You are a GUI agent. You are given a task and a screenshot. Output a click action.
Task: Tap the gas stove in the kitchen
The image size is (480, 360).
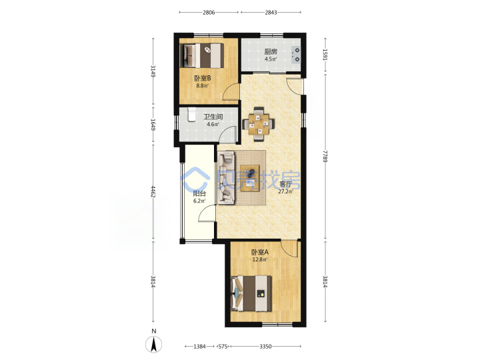point(296,55)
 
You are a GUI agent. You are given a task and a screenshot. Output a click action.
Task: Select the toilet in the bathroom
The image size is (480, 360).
point(191,115)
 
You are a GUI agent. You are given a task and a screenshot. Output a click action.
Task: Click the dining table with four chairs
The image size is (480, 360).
point(259,124)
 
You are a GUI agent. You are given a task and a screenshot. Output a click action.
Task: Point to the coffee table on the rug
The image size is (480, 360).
point(250,178)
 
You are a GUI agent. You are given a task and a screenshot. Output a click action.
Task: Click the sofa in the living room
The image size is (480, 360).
point(226,177)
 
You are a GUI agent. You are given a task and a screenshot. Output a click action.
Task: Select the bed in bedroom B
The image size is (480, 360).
point(202,56)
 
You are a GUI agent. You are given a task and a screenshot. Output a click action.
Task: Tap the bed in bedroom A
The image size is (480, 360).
point(251,293)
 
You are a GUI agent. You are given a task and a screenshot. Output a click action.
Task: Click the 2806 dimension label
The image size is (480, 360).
point(209,13)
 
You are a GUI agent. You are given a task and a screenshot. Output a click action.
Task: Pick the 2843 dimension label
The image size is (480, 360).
point(271,13)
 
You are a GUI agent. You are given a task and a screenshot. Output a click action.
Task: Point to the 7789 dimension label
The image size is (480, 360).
point(325,156)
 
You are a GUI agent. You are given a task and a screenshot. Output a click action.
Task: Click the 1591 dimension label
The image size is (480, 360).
point(325,55)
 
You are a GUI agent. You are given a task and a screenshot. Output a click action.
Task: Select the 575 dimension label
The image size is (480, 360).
point(223,347)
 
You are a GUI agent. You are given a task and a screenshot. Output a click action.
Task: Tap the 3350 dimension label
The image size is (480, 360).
point(265,347)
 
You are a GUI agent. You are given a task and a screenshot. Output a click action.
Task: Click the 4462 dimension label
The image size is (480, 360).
point(153,191)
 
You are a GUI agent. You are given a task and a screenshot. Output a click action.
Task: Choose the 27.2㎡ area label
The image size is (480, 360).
point(285,192)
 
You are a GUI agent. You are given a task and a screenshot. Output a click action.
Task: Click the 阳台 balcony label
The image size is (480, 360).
point(199,194)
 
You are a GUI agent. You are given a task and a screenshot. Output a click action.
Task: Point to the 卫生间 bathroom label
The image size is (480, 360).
point(213,117)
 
